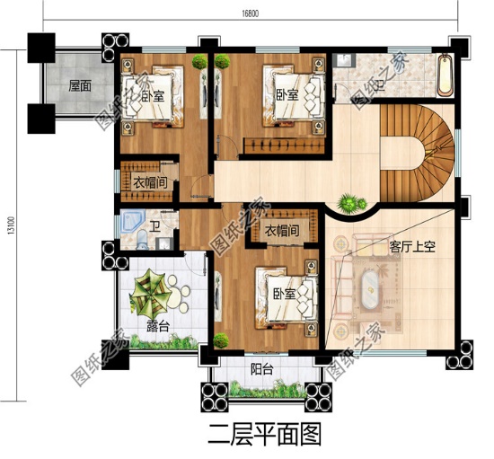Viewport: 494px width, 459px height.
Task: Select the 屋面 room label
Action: [x=80, y=87]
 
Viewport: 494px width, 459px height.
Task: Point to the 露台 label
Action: [x=148, y=326]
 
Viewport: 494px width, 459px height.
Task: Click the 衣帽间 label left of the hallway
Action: [x=149, y=183]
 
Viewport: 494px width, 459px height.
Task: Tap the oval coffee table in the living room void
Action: [x=368, y=296]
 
